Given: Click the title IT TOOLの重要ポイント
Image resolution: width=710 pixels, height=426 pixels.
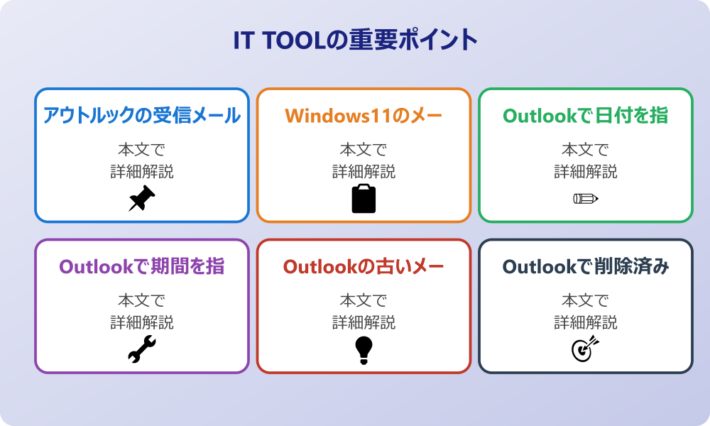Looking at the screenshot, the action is [x=356, y=40].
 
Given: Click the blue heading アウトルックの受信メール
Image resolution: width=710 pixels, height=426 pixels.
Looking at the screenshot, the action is [x=142, y=116].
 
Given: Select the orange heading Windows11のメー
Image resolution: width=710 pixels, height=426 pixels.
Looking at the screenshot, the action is [x=364, y=116].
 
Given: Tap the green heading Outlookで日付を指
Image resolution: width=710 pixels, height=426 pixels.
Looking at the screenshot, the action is [x=586, y=116].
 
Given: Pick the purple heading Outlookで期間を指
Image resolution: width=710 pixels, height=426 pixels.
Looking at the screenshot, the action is [x=142, y=267].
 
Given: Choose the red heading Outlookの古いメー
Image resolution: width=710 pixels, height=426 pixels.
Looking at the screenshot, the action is [x=364, y=267].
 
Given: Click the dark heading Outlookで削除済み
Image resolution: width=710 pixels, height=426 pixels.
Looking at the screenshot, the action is [x=586, y=267].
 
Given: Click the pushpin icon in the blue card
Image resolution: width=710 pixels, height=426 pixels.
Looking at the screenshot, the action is [x=142, y=198].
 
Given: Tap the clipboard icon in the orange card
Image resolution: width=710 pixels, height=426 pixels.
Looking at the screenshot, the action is [x=364, y=198].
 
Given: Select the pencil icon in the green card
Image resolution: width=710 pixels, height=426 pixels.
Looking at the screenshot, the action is [x=586, y=198].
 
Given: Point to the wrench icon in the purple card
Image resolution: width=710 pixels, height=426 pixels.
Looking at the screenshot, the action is [x=142, y=349].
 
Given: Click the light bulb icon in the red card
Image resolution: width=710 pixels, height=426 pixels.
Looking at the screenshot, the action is [x=364, y=350].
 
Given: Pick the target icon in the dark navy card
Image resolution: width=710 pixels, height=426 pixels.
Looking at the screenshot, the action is [x=585, y=349].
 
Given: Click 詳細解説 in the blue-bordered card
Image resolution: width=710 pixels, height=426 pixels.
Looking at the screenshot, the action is [x=142, y=172].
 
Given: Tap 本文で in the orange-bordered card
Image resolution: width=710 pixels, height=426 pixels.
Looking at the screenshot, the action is [x=364, y=149].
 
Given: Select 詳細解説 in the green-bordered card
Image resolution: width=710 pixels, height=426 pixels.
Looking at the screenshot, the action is [x=586, y=172].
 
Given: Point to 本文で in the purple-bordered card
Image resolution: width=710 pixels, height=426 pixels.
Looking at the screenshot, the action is [x=142, y=300].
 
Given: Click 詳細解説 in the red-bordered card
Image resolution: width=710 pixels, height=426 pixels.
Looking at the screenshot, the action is [x=364, y=322].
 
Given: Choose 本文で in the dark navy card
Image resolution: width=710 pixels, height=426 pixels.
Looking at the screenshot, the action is [x=586, y=300].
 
